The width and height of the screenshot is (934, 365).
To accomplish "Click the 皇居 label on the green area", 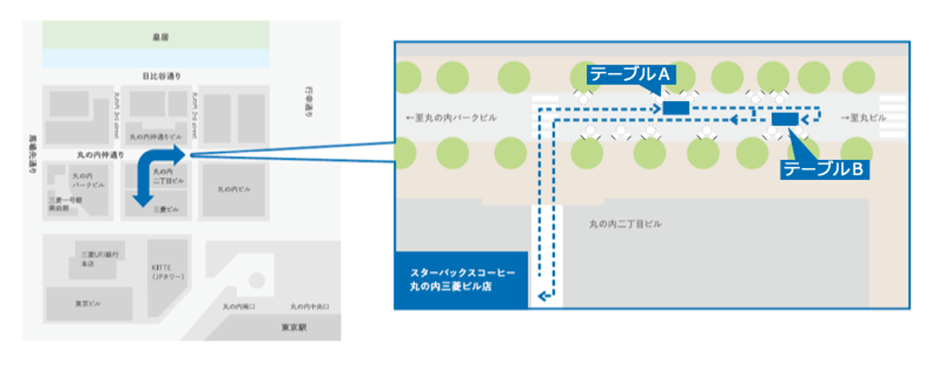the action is click(x=155, y=36).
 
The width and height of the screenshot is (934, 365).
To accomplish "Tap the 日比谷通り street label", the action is click(x=162, y=76).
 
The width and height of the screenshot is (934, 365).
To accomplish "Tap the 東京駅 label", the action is click(x=294, y=327).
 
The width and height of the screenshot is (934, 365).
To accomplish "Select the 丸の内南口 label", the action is click(x=239, y=306).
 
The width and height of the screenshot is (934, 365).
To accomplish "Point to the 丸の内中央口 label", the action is click(x=310, y=306).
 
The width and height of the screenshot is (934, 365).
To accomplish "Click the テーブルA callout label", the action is click(x=632, y=74).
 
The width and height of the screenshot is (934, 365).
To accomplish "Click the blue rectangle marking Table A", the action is click(x=676, y=108).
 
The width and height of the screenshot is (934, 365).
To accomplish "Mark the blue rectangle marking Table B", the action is click(x=785, y=119).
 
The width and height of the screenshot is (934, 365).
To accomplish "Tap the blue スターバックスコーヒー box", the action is click(x=461, y=279).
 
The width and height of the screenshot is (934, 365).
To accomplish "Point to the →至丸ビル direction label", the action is click(x=864, y=117).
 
